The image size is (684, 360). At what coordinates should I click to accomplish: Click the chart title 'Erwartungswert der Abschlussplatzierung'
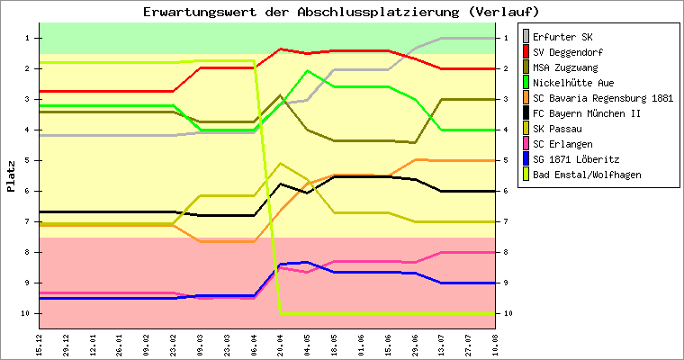pos(342,12)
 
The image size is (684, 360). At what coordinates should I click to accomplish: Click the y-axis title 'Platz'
pos(11,176)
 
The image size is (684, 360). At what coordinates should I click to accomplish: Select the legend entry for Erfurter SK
pos(562,37)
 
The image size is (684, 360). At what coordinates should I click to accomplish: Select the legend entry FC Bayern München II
pos(586,113)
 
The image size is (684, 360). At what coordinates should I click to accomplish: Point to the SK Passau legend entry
pos(557,129)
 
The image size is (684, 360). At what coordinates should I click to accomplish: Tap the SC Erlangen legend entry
pos(562,144)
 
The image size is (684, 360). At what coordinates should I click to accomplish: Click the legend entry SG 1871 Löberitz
pos(576,159)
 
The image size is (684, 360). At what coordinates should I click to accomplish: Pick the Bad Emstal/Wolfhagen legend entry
pos(586,175)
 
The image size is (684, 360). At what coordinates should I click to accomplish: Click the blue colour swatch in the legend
pos(523,159)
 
